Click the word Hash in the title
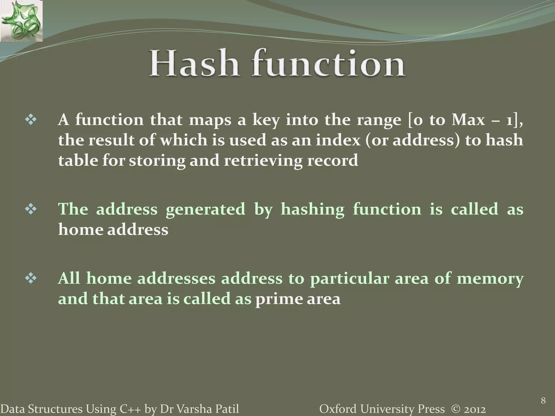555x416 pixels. tap(194, 63)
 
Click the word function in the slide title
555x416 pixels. tap(328, 63)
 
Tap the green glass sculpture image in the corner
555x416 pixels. tap(21, 21)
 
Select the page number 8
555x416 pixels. tap(543, 400)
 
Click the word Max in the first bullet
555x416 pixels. tap(468, 120)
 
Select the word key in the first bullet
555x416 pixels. tap(266, 120)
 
